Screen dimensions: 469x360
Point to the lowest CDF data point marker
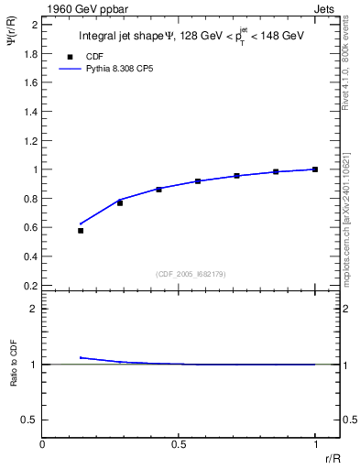[81, 231]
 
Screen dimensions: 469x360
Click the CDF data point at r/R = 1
[315, 169]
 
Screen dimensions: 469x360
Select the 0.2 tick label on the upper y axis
[29, 285]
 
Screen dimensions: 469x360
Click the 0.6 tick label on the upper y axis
[29, 227]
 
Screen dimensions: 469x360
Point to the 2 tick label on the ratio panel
[34, 309]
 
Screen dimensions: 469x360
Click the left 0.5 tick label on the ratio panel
[29, 420]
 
